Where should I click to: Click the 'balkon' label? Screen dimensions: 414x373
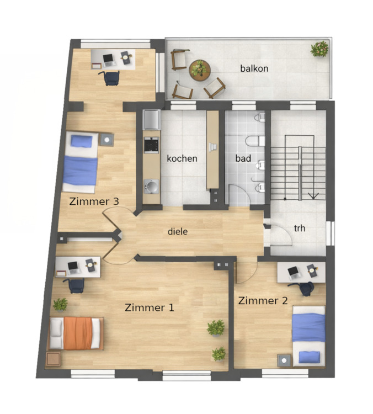(254, 68)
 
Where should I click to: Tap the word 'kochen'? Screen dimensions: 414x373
(182, 158)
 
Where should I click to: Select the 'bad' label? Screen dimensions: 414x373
(243, 158)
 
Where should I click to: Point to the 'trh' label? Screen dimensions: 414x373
(300, 228)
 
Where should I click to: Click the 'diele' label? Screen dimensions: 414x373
(178, 232)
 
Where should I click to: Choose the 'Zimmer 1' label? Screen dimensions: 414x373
(150, 307)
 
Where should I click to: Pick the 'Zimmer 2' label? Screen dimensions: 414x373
(263, 301)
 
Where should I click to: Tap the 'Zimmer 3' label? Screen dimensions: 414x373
(94, 201)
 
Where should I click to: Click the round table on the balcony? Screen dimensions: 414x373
(199, 69)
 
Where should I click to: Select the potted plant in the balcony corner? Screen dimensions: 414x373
(319, 49)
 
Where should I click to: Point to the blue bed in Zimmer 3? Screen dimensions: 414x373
(81, 163)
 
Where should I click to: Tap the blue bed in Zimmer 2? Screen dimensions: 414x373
(308, 335)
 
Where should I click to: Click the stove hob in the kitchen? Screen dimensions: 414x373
(151, 145)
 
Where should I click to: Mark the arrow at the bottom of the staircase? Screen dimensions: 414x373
(313, 194)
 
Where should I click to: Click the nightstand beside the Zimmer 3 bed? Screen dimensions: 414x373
(106, 139)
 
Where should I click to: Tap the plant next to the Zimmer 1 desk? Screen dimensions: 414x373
(60, 304)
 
